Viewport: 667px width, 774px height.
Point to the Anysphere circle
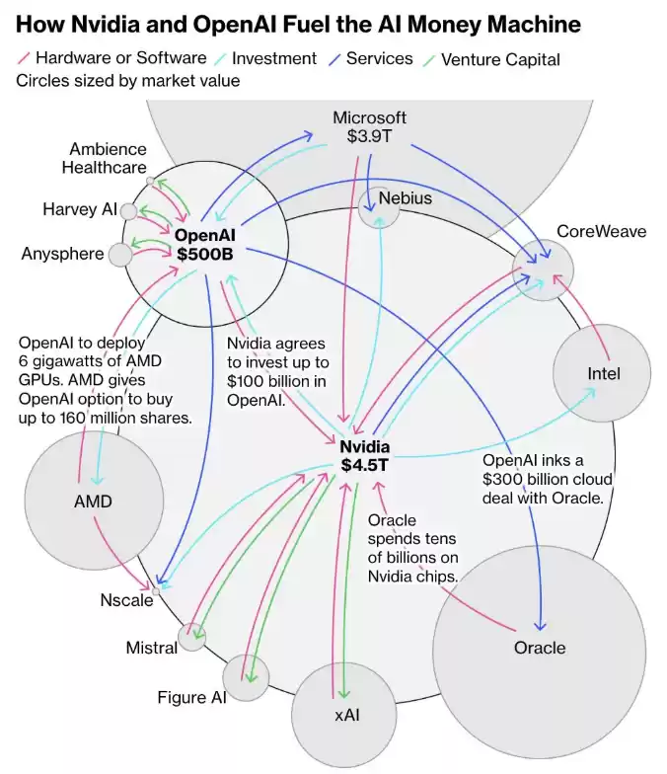pos(120,255)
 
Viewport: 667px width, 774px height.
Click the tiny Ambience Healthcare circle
pos(150,182)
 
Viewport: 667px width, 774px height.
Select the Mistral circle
pos(191,638)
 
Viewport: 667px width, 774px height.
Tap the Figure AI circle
pos(247,677)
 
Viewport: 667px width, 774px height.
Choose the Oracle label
pos(540,648)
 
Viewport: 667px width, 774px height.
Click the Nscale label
pos(126,599)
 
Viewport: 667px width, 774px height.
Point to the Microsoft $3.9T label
pos(369,127)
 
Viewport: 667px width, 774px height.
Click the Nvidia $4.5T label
pos(365,455)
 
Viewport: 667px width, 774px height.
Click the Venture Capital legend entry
pos(499,59)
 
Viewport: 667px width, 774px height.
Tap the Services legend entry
pos(379,58)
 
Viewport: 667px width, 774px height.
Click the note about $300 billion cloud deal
pos(542,480)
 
